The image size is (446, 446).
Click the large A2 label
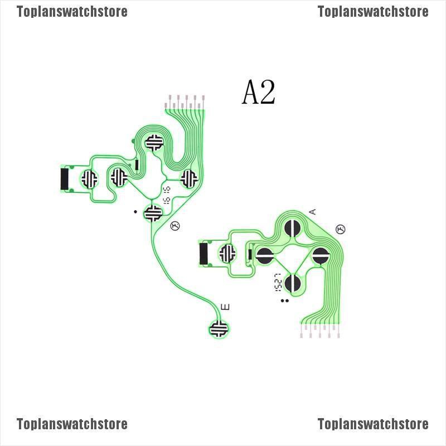tap(259, 92)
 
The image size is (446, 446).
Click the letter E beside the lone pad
tap(226, 307)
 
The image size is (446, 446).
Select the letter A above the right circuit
tap(312, 211)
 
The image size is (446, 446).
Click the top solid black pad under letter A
tap(293, 229)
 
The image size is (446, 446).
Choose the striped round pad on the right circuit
tap(227, 253)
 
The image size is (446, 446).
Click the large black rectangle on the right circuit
tap(204, 253)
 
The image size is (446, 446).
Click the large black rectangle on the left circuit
tap(64, 178)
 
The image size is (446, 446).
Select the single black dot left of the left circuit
tap(135, 211)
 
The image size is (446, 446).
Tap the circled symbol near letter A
tap(341, 229)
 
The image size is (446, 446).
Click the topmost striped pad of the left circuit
tap(154, 142)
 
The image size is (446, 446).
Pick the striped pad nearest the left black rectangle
tap(89, 178)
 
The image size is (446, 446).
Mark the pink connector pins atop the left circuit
tap(187, 101)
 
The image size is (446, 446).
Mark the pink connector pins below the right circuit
tap(322, 332)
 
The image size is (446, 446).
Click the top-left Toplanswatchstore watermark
tap(72, 11)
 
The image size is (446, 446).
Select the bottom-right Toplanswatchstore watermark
tap(373, 424)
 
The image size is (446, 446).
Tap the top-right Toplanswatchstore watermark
tap(373, 11)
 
